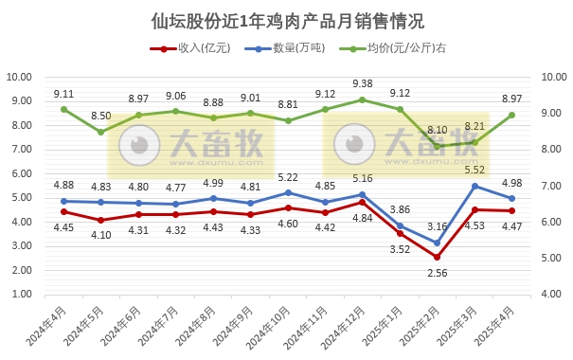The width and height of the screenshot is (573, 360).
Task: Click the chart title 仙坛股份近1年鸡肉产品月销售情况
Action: click(287, 21)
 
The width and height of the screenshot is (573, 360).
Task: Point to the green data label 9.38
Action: click(362, 83)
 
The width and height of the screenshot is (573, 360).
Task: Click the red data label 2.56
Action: click(438, 273)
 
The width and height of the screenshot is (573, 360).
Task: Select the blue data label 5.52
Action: click(473, 170)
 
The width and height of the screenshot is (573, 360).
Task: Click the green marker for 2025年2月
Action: click(438, 147)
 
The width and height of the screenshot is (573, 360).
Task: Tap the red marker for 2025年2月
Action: click(438, 257)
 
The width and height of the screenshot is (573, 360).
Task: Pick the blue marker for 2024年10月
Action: click(288, 192)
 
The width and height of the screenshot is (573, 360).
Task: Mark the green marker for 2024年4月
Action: click(63, 109)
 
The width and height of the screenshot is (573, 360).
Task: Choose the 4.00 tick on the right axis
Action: click(553, 295)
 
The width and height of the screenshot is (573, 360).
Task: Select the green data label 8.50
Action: click(100, 116)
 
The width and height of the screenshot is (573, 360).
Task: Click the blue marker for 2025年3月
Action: click(475, 186)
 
